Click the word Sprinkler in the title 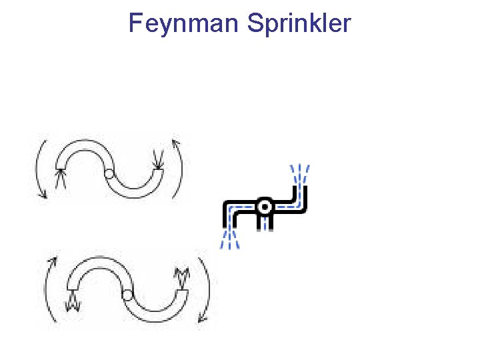[x=299, y=24]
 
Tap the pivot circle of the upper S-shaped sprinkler [x=109, y=173]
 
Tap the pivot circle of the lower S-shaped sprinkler [x=127, y=295]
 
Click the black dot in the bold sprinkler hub [x=265, y=207]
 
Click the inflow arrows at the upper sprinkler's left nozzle [x=61, y=179]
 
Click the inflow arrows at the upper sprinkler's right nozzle [x=158, y=160]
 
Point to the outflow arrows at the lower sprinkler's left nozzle [x=73, y=301]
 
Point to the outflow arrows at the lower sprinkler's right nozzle [x=182, y=278]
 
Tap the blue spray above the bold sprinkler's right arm [x=300, y=175]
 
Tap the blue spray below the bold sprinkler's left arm [x=229, y=239]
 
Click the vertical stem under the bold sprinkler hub [x=265, y=223]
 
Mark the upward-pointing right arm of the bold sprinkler [x=300, y=199]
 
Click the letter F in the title [x=136, y=23]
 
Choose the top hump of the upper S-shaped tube [x=85, y=145]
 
